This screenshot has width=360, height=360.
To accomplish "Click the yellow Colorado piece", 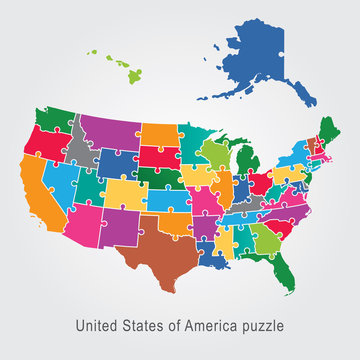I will (126, 191).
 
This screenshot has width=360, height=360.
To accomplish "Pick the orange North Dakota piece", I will (159, 136).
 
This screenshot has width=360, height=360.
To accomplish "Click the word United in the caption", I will (99, 324).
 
